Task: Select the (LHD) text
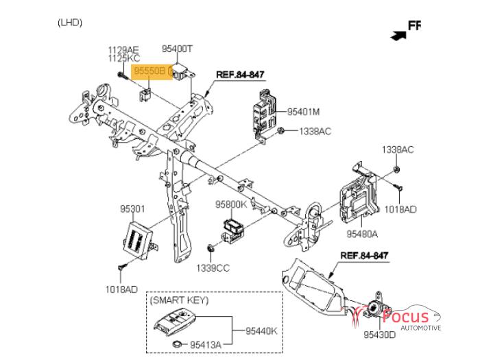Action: pos(70,23)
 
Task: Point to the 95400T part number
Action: pos(178,49)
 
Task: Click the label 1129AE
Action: pos(123,49)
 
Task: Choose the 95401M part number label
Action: pos(304,110)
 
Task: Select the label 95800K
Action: pos(230,204)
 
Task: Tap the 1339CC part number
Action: pos(213,267)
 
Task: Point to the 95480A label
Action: pos(361,234)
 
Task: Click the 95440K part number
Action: pos(261,331)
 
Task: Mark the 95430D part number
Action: pos(380,335)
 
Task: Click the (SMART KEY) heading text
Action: pos(179,300)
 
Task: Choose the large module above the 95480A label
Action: pos(359,199)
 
